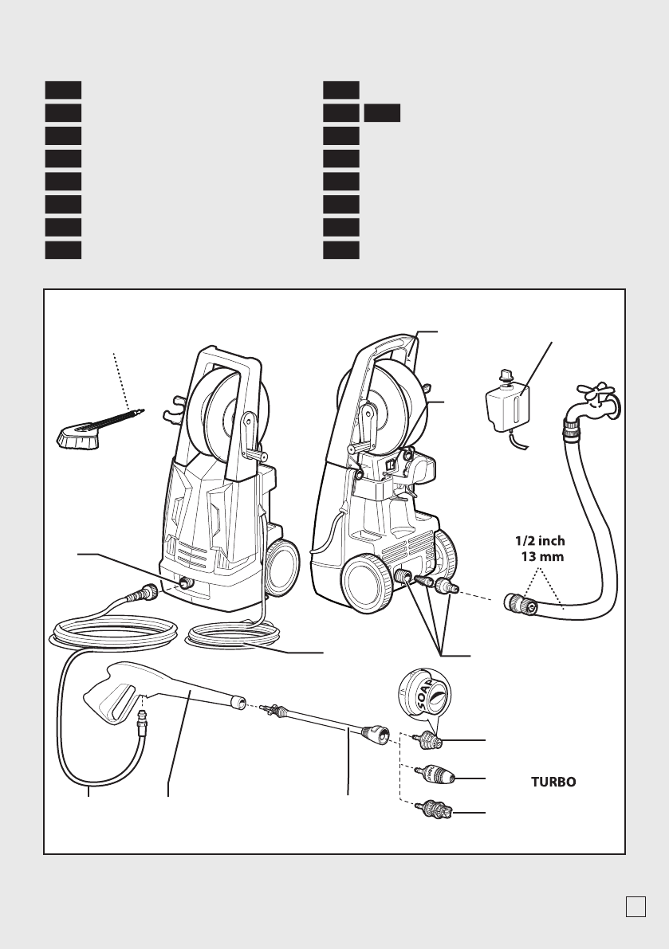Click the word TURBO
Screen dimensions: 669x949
[553, 782]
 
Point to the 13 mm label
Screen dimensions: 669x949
[541, 557]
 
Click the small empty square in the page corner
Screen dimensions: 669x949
[635, 907]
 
